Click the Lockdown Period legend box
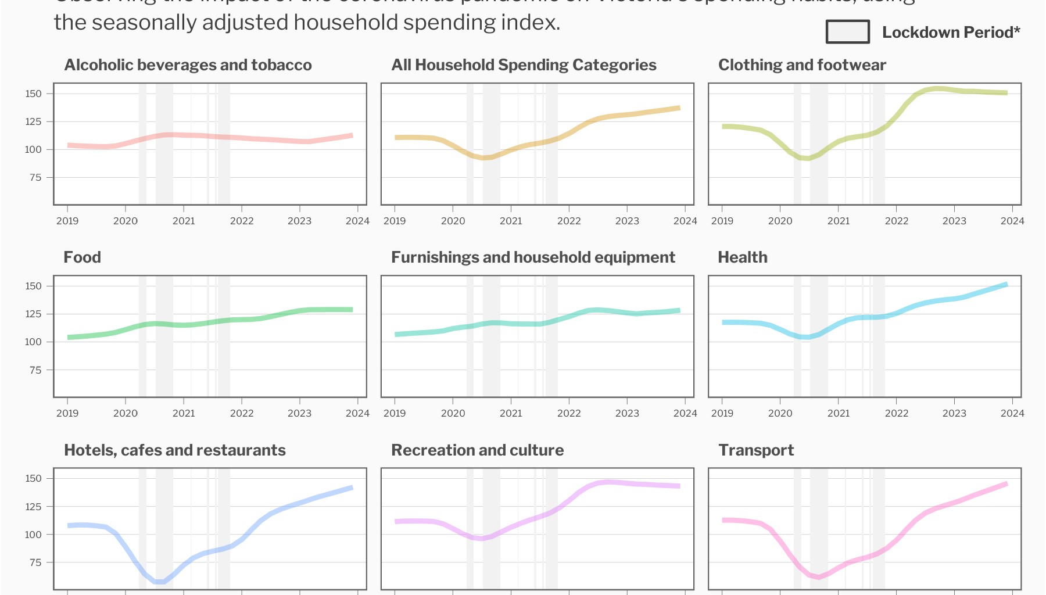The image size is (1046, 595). click(847, 32)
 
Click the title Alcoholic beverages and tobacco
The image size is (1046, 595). click(188, 65)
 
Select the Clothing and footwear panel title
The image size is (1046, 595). click(802, 65)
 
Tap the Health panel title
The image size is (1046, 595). click(742, 257)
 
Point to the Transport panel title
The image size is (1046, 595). click(755, 450)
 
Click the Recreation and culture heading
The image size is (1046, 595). click(477, 450)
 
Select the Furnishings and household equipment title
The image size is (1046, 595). click(532, 257)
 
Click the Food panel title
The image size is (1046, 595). click(82, 257)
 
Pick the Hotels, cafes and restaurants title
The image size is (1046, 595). click(174, 450)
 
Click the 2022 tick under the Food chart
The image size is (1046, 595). click(242, 413)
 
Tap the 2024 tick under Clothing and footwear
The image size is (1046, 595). click(1012, 221)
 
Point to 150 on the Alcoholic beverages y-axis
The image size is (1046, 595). click(34, 94)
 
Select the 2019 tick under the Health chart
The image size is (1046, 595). click(722, 413)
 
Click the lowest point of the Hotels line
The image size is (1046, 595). click(160, 582)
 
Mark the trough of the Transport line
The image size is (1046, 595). click(819, 577)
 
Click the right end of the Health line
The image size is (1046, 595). click(1006, 284)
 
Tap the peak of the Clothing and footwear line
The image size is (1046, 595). click(937, 88)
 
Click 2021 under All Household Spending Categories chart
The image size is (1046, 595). click(511, 221)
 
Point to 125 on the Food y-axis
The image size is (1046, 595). click(34, 314)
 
